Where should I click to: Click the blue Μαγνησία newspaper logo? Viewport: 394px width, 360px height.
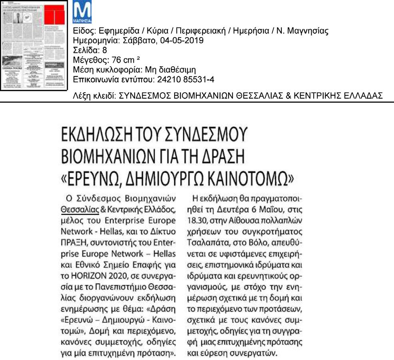(x=82, y=13)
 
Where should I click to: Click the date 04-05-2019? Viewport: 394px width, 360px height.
(x=184, y=41)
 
